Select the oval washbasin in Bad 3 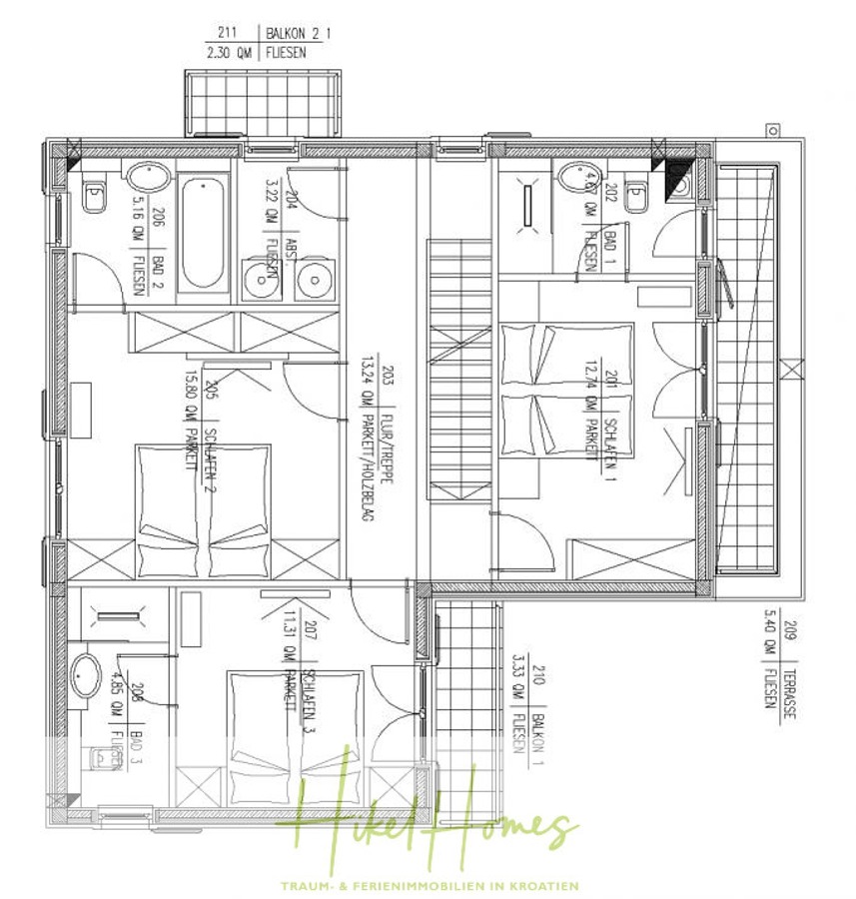click(88, 677)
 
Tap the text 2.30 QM click(229, 53)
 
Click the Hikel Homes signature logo click(429, 814)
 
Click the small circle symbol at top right click(772, 130)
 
